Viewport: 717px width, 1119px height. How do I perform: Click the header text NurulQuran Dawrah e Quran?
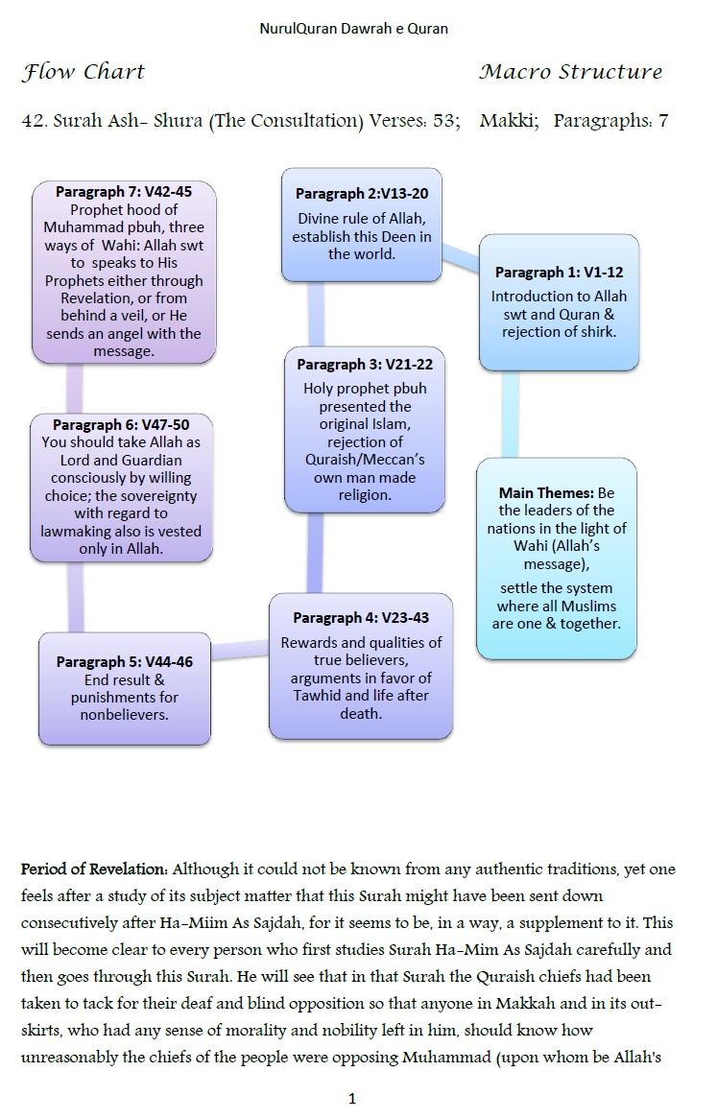coord(353,29)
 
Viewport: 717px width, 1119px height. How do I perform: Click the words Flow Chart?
coord(84,72)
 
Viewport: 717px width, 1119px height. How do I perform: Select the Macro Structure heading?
coord(570,72)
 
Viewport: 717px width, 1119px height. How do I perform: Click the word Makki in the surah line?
coord(508,121)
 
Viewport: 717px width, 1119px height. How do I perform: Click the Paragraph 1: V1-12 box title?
coord(558,273)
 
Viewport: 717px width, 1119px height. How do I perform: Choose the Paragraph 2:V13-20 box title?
coord(361,194)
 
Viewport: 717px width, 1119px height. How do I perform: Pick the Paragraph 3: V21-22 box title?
coord(365,365)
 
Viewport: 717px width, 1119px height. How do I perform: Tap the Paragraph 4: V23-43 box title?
coord(361,617)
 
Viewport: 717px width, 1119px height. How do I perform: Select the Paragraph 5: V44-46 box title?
coord(125,661)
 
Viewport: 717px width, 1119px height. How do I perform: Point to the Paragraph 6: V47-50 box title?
coord(121,424)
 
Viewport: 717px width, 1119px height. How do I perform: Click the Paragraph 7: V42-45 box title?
coord(123,192)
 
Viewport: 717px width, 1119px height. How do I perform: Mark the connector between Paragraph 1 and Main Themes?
coord(511,414)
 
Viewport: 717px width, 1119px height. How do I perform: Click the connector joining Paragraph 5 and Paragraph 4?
coord(239,652)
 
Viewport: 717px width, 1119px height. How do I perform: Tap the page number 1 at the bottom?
coord(352,1099)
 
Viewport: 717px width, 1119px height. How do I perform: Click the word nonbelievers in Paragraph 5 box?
coord(125,715)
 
